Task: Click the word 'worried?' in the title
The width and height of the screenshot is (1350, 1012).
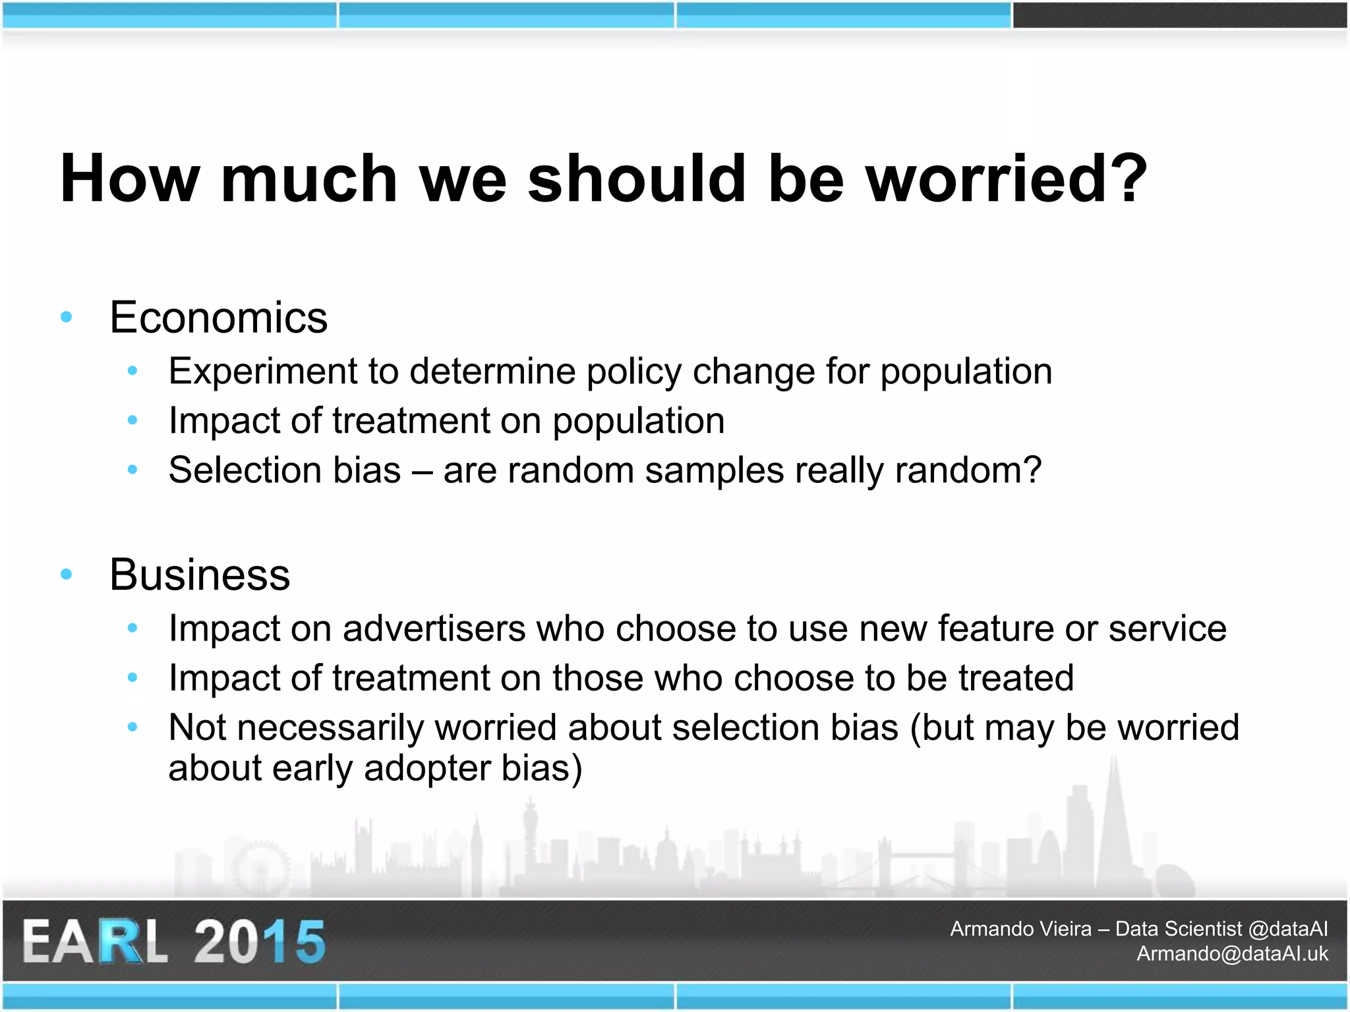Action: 1007,179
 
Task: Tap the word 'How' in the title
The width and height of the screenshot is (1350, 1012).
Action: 129,179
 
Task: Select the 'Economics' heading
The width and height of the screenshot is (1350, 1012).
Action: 218,318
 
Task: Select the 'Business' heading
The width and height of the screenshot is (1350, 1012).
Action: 199,575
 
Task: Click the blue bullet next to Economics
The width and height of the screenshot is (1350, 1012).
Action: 66,318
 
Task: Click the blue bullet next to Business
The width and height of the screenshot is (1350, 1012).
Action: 66,575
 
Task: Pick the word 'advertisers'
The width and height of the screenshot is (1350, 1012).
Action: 434,629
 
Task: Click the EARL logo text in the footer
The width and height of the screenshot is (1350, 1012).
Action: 96,942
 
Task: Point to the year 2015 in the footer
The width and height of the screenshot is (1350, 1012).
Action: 260,942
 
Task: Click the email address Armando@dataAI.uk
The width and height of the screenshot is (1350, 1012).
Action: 1232,953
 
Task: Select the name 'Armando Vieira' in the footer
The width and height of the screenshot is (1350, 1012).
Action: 1020,929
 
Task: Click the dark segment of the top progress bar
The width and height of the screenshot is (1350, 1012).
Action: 1179,15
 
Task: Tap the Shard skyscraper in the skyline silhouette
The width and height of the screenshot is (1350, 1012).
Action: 1114,830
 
